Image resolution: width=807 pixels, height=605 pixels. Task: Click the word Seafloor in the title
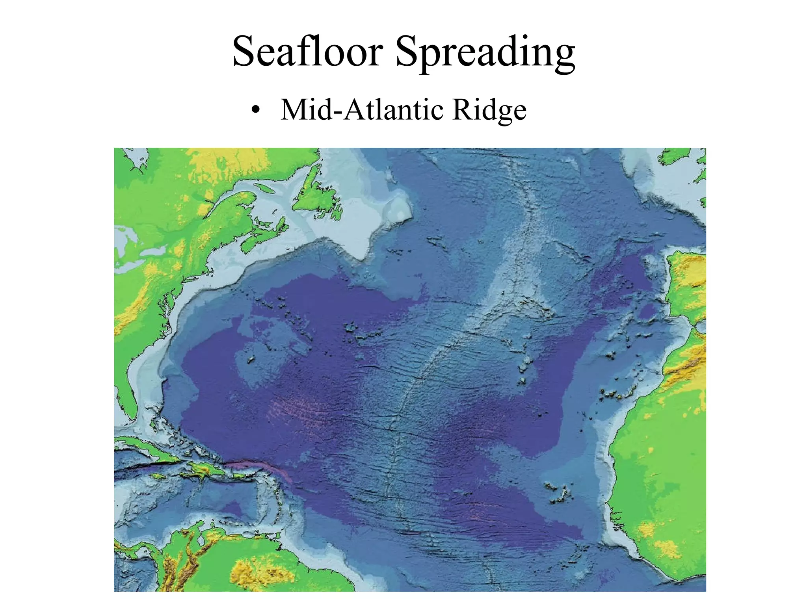(x=308, y=52)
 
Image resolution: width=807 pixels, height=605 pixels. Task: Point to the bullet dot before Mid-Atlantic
(x=255, y=111)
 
